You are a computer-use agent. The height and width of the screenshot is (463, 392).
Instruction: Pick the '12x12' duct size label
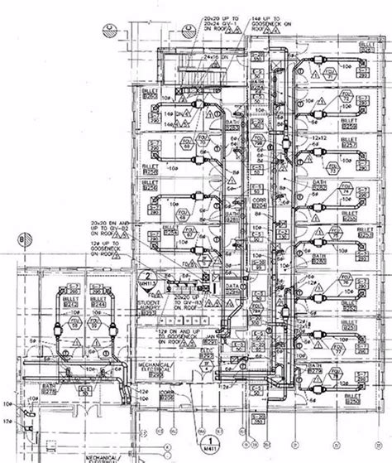[318, 137]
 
